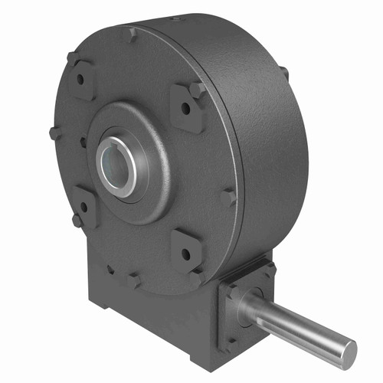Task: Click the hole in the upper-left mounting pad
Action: pos(80,79)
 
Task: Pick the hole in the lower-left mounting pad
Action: pos(84,206)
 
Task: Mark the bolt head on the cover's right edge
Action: pos(228,198)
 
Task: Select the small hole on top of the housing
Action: pos(178,17)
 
